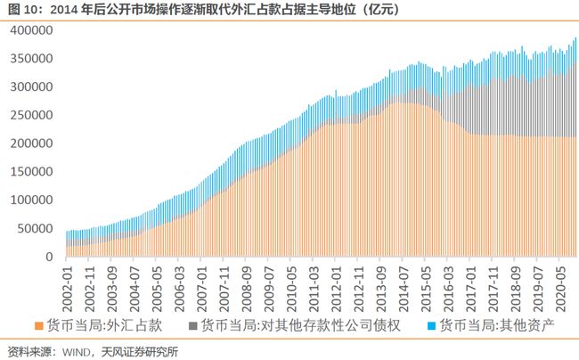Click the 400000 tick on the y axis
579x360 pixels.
pyautogui.click(x=31, y=30)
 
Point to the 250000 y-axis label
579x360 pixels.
pyautogui.click(x=31, y=116)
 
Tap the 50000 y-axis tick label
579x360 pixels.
pyautogui.click(x=35, y=229)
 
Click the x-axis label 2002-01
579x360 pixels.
pyautogui.click(x=68, y=282)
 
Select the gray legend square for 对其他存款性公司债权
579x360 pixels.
pyautogui.click(x=193, y=325)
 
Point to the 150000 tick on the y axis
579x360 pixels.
pyautogui.click(x=31, y=172)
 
